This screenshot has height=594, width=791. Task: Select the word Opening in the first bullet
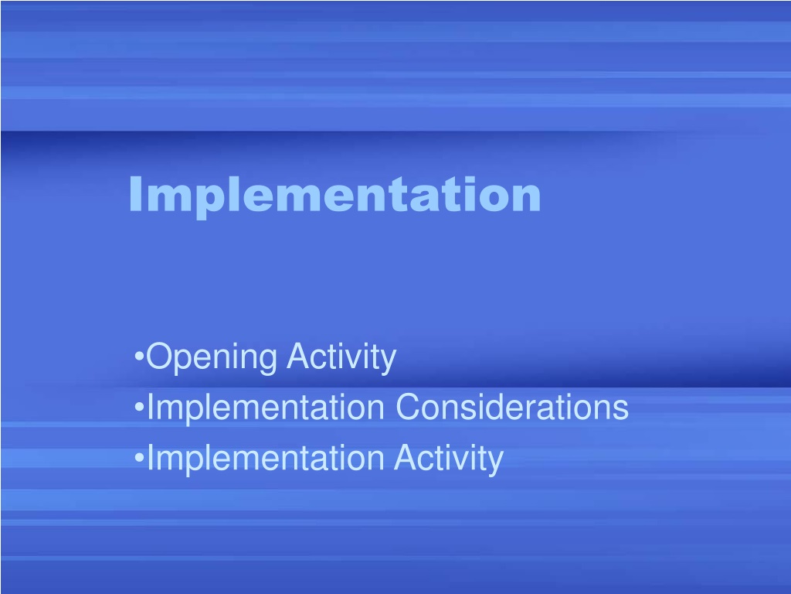[212, 358]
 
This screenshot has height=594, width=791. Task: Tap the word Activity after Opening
[341, 358]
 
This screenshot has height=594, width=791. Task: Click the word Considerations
[512, 407]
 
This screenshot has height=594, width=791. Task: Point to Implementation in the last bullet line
[266, 458]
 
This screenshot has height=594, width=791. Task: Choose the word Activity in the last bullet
[449, 459]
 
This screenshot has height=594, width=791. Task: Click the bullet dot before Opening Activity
[139, 357]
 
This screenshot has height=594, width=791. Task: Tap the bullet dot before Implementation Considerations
[139, 407]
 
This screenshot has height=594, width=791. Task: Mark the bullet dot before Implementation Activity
[139, 458]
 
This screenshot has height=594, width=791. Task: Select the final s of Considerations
[621, 411]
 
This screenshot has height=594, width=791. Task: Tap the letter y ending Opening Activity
[389, 362]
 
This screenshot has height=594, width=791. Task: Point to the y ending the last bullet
[495, 463]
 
